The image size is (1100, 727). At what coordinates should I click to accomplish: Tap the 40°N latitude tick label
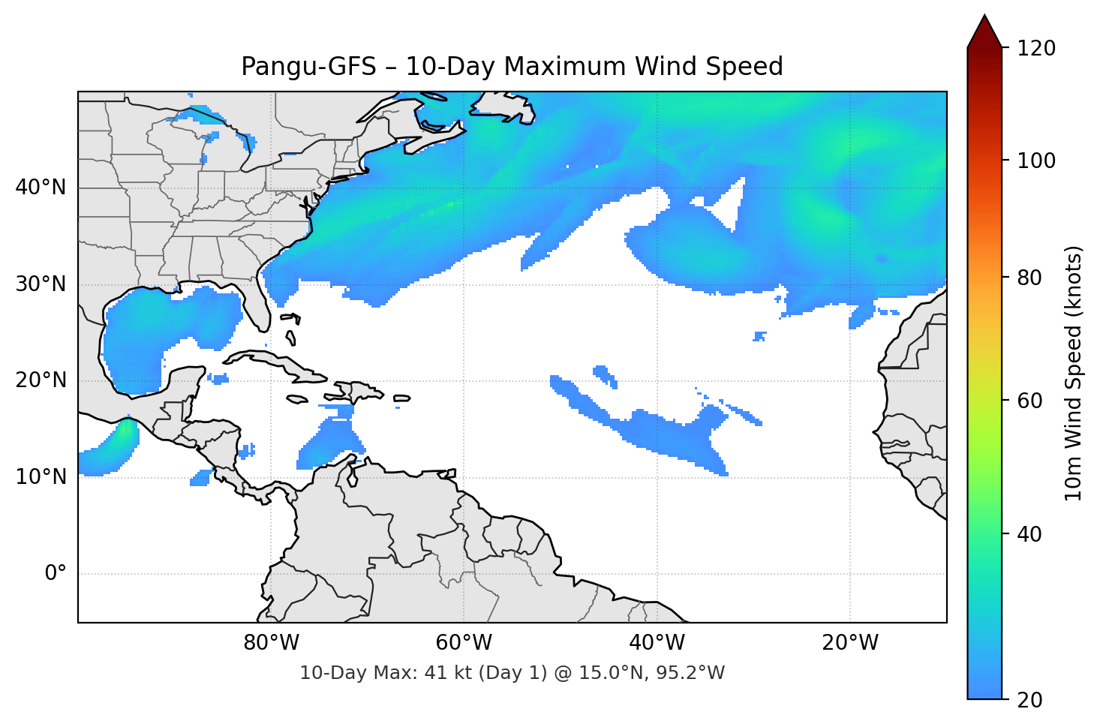[41, 188]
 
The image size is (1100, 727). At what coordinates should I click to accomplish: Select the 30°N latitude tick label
[41, 284]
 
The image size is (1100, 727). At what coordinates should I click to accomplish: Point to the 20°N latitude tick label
[41, 380]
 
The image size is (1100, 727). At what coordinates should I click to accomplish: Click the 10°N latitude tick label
[41, 477]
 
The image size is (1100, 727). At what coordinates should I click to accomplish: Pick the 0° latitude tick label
[56, 574]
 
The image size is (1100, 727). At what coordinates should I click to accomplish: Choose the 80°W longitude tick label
[271, 643]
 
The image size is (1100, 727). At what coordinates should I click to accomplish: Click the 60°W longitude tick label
[464, 643]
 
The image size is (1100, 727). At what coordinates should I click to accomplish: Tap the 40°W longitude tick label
[657, 643]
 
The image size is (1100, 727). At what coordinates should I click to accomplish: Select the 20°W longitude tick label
[849, 643]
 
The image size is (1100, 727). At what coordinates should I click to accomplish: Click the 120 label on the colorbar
[1036, 49]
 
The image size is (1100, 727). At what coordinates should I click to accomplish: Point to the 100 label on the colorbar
[1036, 161]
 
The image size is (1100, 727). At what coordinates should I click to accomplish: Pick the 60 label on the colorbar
[1029, 401]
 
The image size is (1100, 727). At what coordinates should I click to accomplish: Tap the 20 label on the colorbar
[1029, 700]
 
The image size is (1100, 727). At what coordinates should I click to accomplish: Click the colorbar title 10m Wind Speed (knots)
[1074, 373]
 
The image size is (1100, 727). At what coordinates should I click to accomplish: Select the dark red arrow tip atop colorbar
[984, 30]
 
